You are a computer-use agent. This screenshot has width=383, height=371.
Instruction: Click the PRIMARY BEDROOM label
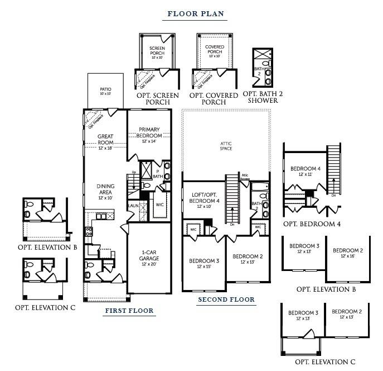[150, 133]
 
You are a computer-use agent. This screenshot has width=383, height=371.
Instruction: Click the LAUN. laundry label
[133, 206]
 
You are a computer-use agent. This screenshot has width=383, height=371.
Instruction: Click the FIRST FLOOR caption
[129, 311]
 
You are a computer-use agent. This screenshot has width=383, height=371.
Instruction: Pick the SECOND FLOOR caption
[226, 299]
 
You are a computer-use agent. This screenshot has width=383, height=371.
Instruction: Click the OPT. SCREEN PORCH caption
[158, 99]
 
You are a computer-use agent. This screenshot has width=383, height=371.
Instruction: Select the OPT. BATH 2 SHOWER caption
[263, 97]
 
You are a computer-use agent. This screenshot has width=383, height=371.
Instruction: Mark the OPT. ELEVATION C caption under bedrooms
[325, 362]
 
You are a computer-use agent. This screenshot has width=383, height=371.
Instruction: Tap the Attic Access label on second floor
[245, 177]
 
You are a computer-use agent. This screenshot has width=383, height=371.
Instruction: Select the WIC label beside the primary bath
[159, 205]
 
